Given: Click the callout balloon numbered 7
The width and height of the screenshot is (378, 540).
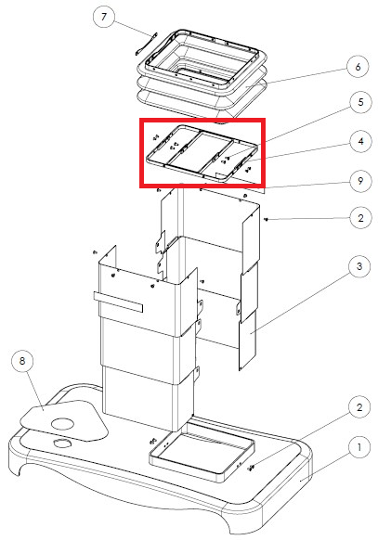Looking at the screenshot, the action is point(104,17).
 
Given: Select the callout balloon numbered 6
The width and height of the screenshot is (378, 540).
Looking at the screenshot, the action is point(358,67).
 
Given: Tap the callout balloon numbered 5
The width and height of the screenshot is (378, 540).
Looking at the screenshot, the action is point(360,102).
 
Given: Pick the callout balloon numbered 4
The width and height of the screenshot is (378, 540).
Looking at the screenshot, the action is point(360,142).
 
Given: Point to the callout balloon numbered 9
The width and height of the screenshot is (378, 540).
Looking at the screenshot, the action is point(360,181).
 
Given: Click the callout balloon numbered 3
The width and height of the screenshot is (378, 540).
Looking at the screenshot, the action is point(359,266).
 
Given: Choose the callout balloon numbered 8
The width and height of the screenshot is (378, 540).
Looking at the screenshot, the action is point(22,361).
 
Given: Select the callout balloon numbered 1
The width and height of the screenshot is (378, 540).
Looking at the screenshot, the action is point(359,447).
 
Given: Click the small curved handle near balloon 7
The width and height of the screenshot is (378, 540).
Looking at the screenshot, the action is point(146,44).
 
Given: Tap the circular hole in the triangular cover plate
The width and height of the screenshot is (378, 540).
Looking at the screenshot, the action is point(62,424).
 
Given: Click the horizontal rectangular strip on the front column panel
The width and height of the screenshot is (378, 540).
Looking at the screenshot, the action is point(118,302).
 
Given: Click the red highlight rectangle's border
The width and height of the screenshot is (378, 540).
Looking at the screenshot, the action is point(140,153).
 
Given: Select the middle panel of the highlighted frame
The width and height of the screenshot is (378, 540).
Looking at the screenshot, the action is point(201,151).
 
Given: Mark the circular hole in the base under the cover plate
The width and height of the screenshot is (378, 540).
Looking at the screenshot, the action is point(62,443).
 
